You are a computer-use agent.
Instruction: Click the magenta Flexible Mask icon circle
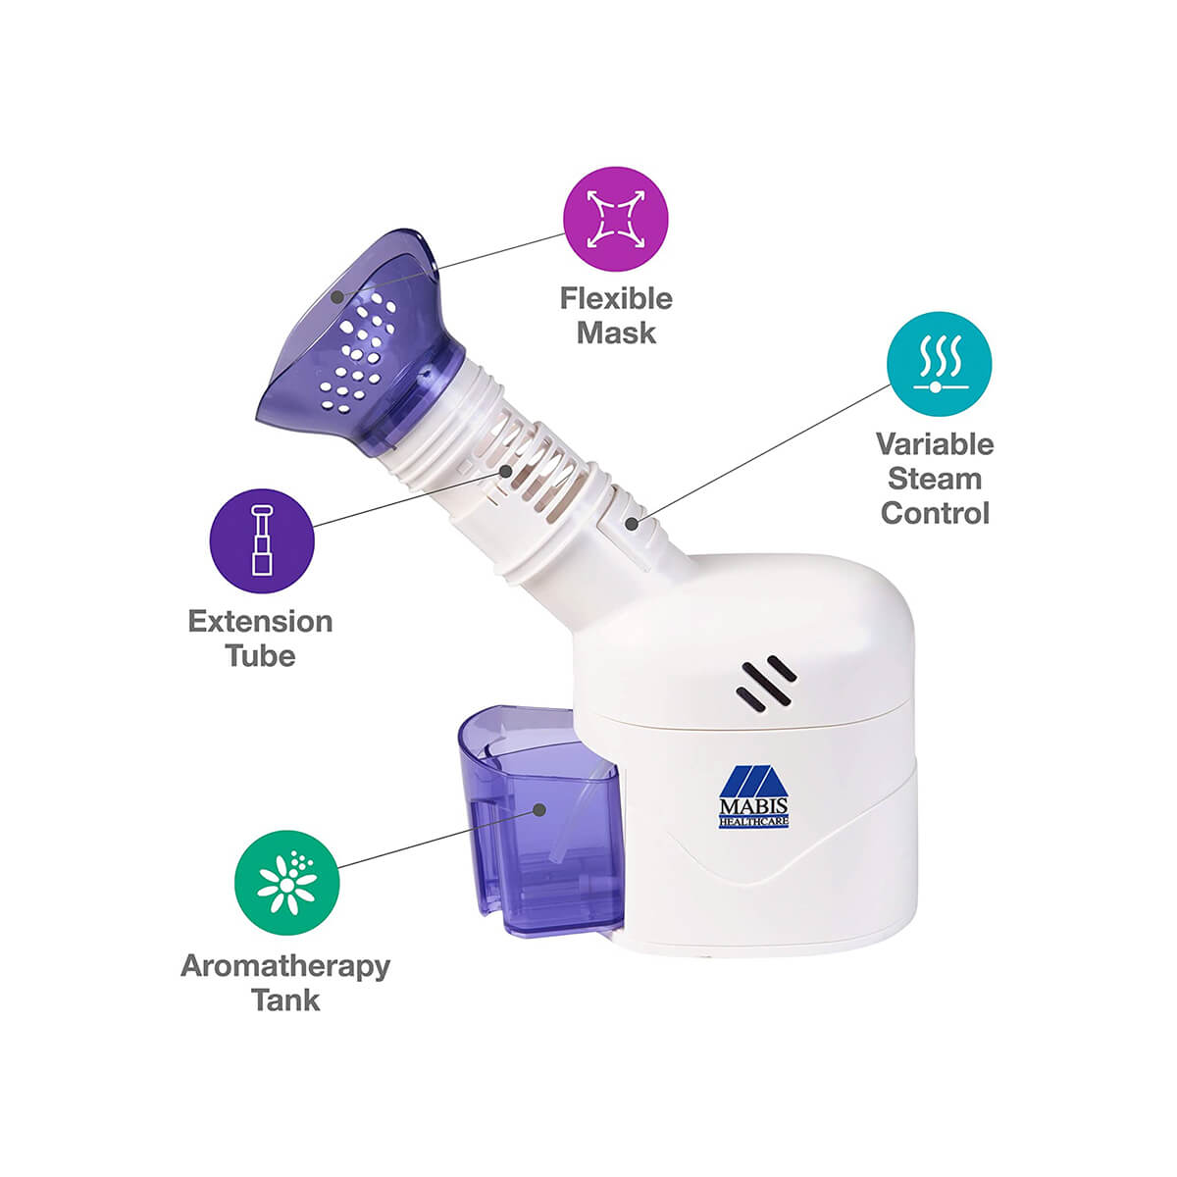[x=615, y=220]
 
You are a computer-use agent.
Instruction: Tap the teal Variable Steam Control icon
[x=939, y=364]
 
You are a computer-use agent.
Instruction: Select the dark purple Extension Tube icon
[x=262, y=540]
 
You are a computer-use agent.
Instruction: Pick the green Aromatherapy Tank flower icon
[x=286, y=882]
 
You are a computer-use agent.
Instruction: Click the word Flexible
[x=616, y=299]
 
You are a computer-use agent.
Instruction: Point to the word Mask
[x=616, y=333]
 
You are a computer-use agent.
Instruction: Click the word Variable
[x=935, y=444]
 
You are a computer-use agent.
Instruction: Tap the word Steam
[x=935, y=479]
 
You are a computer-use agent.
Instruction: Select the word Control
[x=935, y=513]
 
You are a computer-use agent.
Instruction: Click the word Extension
[x=261, y=622]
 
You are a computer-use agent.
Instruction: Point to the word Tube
[x=261, y=656]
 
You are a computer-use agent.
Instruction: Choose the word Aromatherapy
[x=285, y=967]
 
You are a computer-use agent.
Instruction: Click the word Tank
[x=285, y=999]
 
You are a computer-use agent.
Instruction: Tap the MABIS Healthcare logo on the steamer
[x=753, y=796]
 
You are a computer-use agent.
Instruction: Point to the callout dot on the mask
[x=337, y=297]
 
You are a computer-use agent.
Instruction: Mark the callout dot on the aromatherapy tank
[x=539, y=810]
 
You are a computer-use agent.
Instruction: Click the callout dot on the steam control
[x=632, y=524]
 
